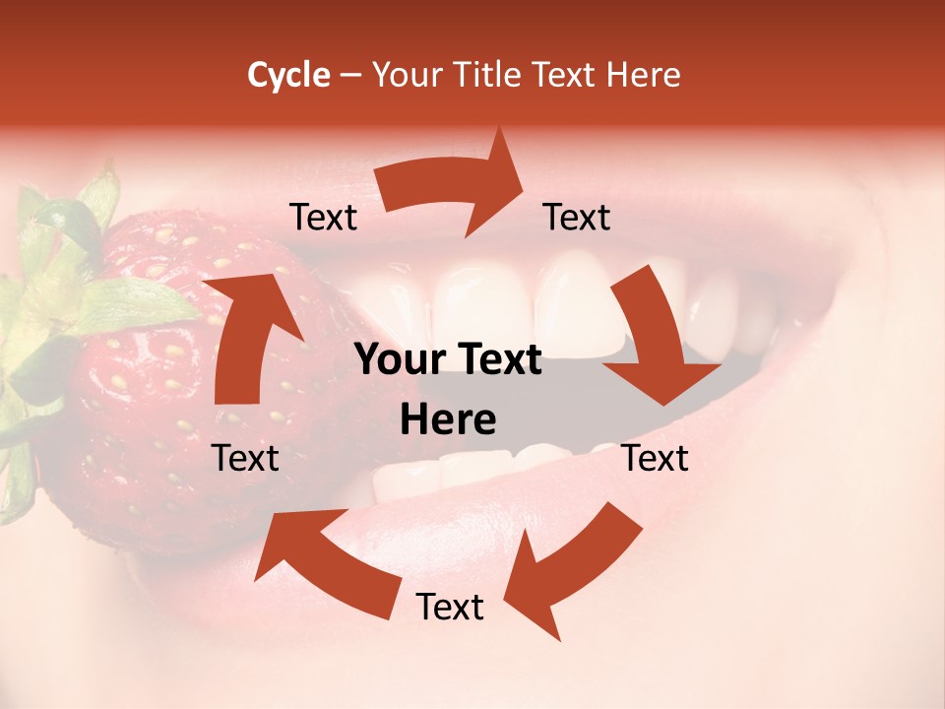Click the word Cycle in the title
[288, 75]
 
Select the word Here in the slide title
[641, 75]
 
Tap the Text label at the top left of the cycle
[324, 218]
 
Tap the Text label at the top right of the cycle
[577, 218]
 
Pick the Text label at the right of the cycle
[655, 458]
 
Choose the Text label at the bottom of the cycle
[450, 608]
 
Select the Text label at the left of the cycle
[246, 458]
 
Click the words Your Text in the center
[448, 360]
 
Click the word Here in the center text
[448, 420]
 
